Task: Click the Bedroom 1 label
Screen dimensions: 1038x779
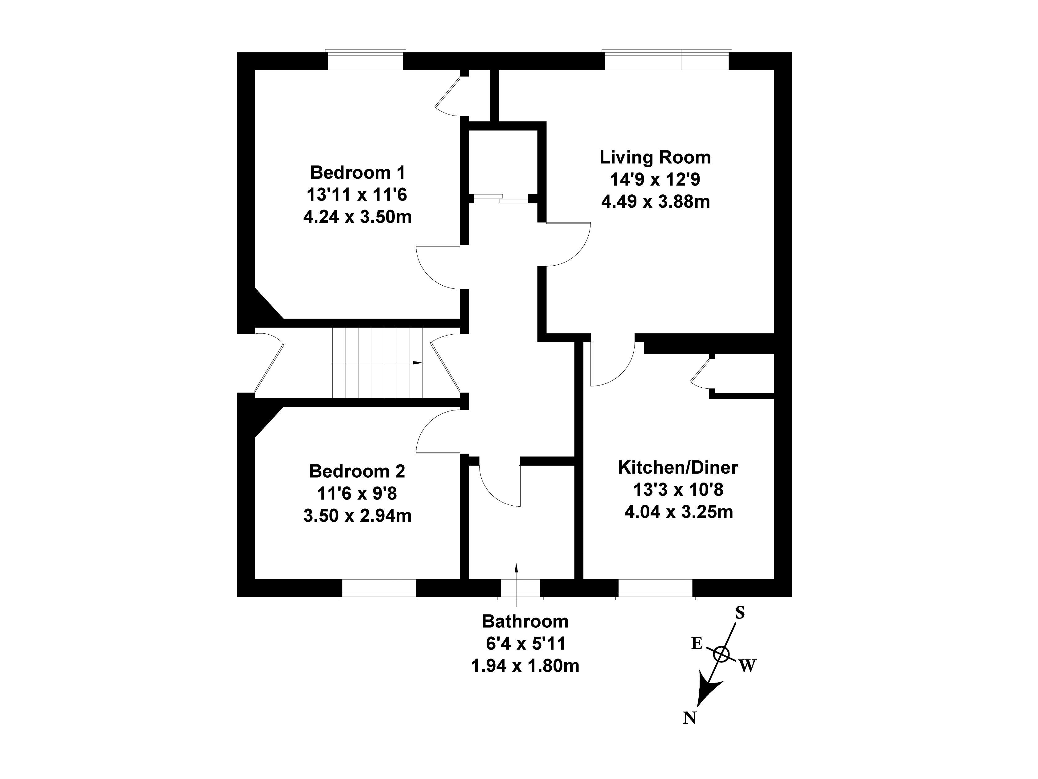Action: tap(357, 173)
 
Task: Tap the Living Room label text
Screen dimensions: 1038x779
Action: tap(655, 157)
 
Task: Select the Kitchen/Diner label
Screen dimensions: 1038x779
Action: tap(678, 467)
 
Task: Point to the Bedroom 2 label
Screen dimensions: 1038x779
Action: tap(357, 471)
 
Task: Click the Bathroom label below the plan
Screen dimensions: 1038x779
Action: tap(525, 621)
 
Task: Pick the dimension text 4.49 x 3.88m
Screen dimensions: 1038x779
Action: tap(655, 202)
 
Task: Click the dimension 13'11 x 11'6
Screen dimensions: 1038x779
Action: tap(357, 195)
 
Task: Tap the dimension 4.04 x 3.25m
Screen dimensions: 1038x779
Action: tap(678, 512)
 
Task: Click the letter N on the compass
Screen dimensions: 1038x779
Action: tap(689, 718)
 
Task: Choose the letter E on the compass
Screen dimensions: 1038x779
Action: tap(697, 643)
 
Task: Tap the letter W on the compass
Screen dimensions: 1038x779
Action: tap(748, 665)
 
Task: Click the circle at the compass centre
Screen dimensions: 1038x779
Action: tap(721, 654)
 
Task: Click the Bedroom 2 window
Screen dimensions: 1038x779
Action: tap(379, 589)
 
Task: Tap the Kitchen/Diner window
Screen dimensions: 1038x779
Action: tap(655, 589)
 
